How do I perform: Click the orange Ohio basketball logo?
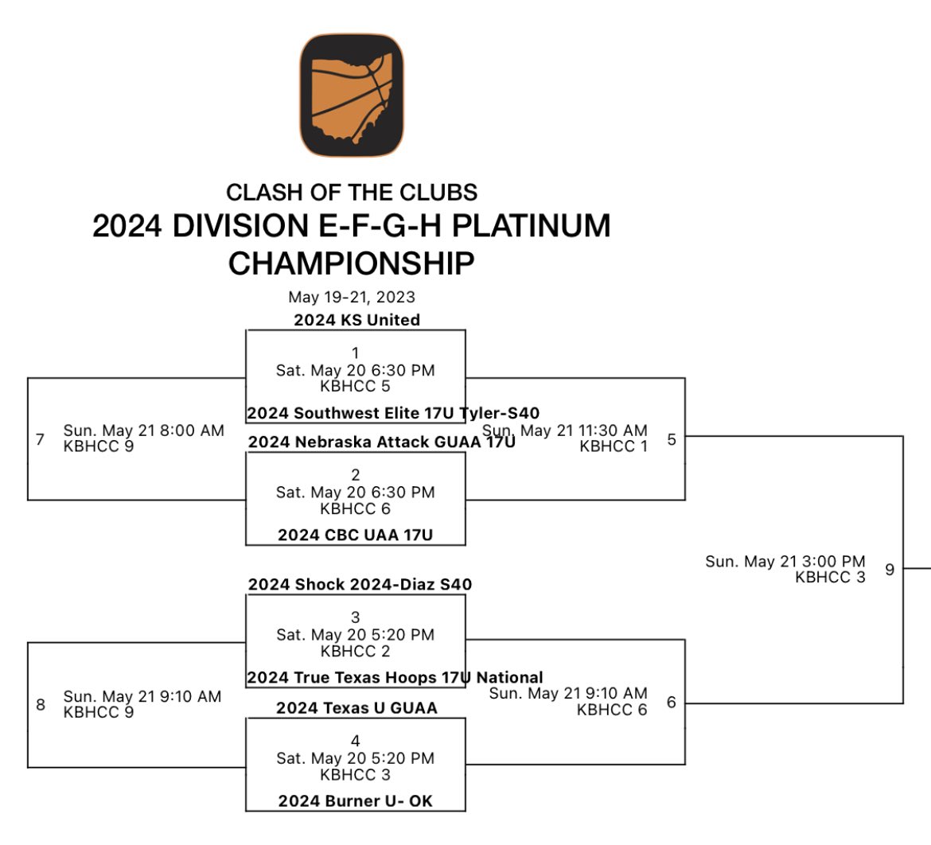point(351,95)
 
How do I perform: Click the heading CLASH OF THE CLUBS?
point(351,193)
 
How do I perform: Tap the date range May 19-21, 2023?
point(351,297)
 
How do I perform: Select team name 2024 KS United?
point(356,320)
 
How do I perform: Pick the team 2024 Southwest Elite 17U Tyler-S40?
point(393,413)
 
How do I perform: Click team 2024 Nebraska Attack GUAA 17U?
point(381,442)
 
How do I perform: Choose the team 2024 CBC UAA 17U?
point(355,535)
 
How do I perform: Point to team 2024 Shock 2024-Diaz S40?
point(360,584)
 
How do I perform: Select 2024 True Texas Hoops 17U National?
point(395,678)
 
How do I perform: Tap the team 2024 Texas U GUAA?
point(356,707)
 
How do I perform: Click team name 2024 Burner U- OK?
point(355,800)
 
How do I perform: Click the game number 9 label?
point(890,569)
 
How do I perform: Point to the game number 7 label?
point(41,438)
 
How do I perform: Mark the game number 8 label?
point(41,704)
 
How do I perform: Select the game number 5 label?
point(672,438)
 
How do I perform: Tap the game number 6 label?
point(672,702)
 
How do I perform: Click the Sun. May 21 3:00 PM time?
point(785,562)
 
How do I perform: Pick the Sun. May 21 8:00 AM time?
point(143,430)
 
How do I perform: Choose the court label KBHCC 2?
point(355,651)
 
